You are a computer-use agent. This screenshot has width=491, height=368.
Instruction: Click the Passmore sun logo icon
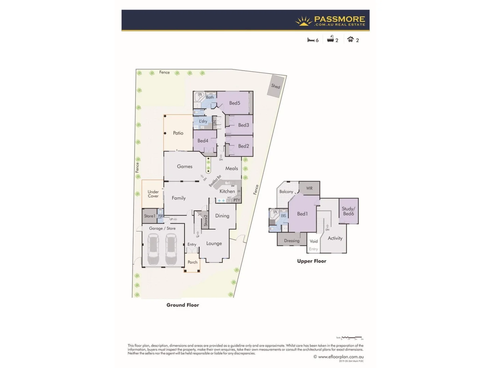pyautogui.click(x=303, y=21)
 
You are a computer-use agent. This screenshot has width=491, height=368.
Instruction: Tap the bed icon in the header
pyautogui.click(x=311, y=40)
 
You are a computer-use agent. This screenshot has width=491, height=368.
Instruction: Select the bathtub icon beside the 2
pyautogui.click(x=330, y=40)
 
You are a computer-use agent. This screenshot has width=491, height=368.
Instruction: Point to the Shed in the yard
pyautogui.click(x=276, y=86)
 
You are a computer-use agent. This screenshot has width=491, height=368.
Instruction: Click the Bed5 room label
pyautogui.click(x=235, y=103)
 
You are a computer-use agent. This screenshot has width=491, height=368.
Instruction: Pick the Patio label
pyautogui.click(x=178, y=133)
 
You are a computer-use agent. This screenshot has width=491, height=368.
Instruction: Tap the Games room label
pyautogui.click(x=184, y=166)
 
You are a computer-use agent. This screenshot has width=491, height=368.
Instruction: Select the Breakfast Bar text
pyautogui.click(x=215, y=181)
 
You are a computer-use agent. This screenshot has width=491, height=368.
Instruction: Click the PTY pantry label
pyautogui.click(x=237, y=200)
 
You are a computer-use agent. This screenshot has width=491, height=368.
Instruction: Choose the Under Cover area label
pyautogui.click(x=153, y=194)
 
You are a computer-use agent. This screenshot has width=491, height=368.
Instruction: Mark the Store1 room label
pyautogui.click(x=149, y=216)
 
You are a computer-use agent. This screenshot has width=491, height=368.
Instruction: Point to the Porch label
pyautogui.click(x=192, y=262)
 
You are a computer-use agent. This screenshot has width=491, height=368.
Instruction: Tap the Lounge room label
pyautogui.click(x=214, y=243)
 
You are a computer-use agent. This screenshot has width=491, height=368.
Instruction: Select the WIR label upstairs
pyautogui.click(x=309, y=188)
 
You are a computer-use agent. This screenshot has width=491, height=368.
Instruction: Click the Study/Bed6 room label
pyautogui.click(x=348, y=211)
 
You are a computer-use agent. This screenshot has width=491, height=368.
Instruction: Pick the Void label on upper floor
pyautogui.click(x=314, y=241)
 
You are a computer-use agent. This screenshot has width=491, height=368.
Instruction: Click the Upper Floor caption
pyautogui.click(x=312, y=261)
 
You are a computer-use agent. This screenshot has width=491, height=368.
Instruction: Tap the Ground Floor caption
pyautogui.click(x=183, y=305)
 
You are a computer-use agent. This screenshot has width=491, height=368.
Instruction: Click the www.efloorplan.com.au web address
pyautogui.click(x=341, y=357)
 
